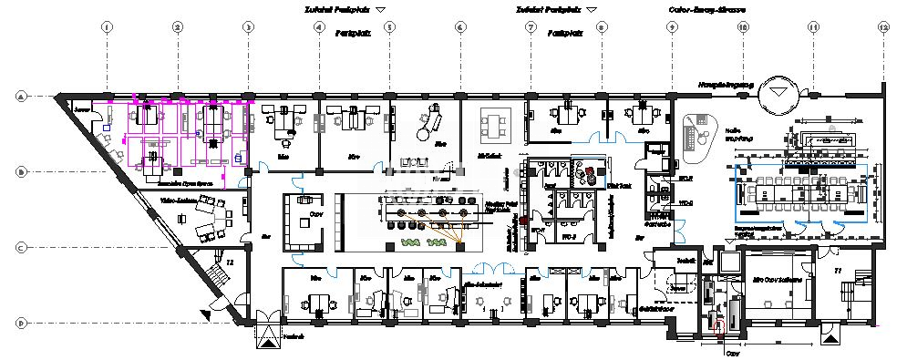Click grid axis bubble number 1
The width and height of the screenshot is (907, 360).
[x=107, y=28]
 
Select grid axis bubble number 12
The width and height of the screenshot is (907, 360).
[x=882, y=28]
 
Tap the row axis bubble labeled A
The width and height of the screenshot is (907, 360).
[x=19, y=95]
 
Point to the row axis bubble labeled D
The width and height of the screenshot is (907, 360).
[x=19, y=322]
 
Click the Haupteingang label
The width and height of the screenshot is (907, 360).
[x=726, y=85]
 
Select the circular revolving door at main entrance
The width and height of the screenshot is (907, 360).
[x=780, y=91]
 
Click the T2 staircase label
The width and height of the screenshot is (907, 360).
[x=231, y=262]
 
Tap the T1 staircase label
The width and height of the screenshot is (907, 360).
[x=838, y=271]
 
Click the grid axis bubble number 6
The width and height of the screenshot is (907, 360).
[x=459, y=28]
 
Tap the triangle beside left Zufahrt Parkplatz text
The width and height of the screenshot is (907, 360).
[x=381, y=9]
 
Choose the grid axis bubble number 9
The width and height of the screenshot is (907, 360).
[x=671, y=28]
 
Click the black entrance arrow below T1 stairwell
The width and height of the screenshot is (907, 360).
[x=828, y=339]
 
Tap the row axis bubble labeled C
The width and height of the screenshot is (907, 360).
[x=19, y=246]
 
